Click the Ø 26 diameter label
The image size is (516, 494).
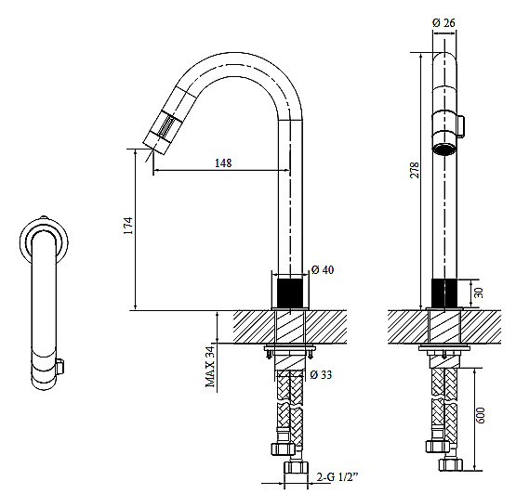pos(443,23)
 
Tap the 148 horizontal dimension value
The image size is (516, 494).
pos(223,162)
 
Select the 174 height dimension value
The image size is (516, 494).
pos(128,226)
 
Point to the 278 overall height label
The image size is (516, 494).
pos(415,170)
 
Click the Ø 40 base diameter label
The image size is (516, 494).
pos(323,270)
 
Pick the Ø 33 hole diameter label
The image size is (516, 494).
pos(321,374)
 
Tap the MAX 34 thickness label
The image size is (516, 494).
pos(210,367)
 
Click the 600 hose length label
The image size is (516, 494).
pos(481,415)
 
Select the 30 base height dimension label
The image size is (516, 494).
pos(479,292)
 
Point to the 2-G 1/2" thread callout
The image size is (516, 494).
pos(337,476)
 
